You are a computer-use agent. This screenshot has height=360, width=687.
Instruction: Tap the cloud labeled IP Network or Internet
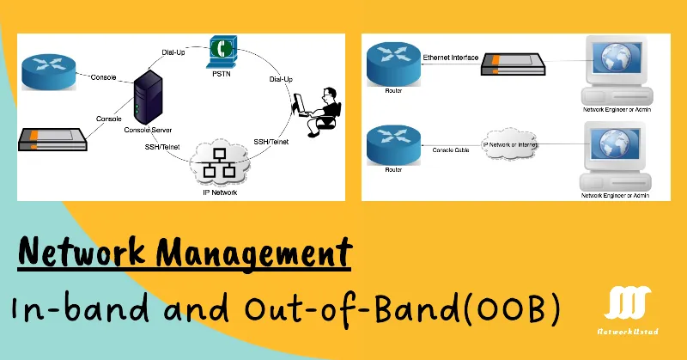514,145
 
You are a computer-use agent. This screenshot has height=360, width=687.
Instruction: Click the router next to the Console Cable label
392,143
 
